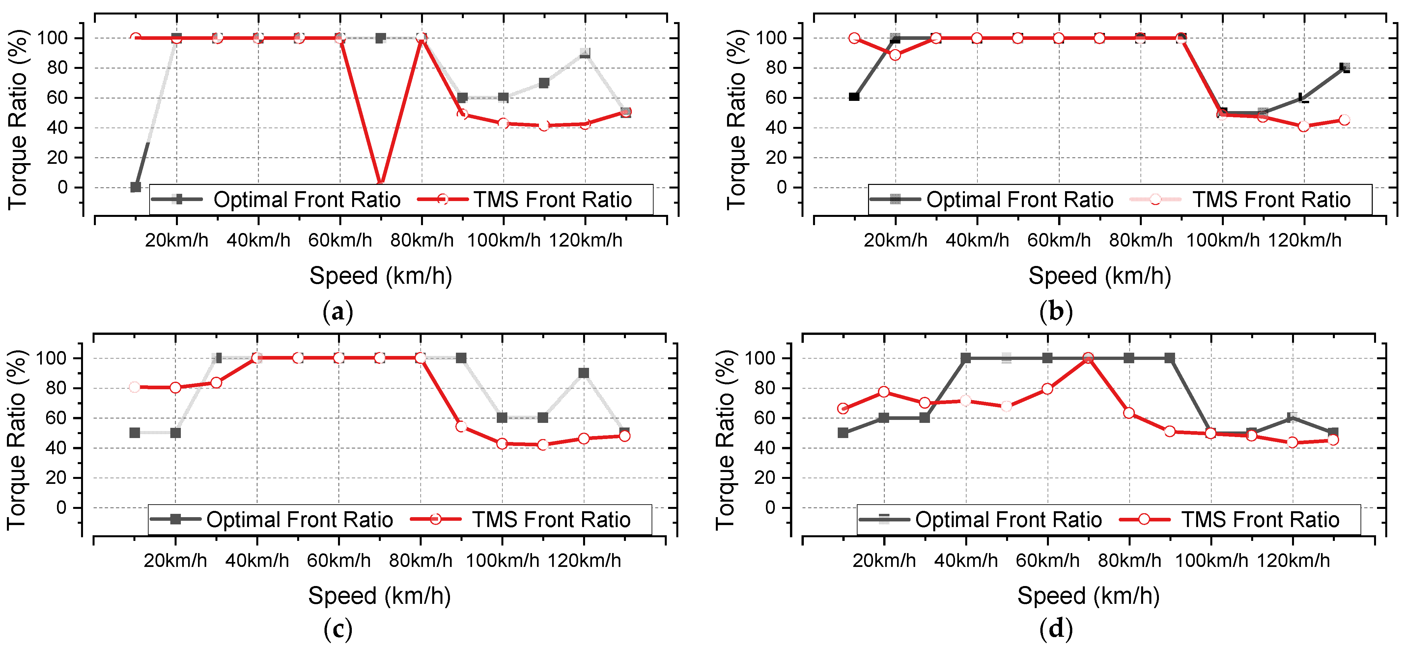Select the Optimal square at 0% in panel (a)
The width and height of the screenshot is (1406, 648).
point(135,187)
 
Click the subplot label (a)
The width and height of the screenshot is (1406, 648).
point(338,312)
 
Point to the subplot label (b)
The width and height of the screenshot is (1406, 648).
point(1056,312)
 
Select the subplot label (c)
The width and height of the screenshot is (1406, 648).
point(338,630)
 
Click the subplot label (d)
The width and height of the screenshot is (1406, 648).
point(1056,630)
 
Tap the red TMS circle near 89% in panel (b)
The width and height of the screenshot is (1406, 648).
point(895,55)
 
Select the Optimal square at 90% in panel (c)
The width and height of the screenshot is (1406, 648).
point(583,373)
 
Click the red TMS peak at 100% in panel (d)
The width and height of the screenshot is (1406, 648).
point(1088,358)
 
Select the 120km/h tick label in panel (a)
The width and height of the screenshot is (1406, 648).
point(585,240)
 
